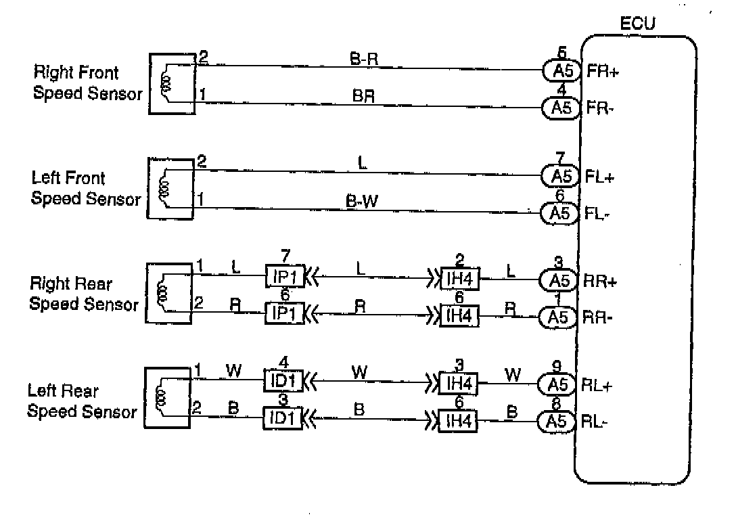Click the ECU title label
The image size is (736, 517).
[x=637, y=26]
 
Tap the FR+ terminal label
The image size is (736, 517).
[x=602, y=70]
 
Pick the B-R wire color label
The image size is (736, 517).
[x=363, y=60]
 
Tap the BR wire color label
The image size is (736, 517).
[x=363, y=96]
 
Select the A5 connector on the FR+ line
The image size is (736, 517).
[x=561, y=70]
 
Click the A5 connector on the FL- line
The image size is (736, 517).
[x=561, y=214]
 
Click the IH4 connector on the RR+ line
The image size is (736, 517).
[x=459, y=278]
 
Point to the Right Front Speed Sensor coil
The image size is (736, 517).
[x=165, y=82]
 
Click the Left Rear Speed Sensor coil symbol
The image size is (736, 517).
[x=160, y=398]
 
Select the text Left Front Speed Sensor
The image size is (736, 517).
[x=86, y=189]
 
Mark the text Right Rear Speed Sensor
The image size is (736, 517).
[x=83, y=294]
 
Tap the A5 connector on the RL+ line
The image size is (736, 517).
[x=559, y=385]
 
